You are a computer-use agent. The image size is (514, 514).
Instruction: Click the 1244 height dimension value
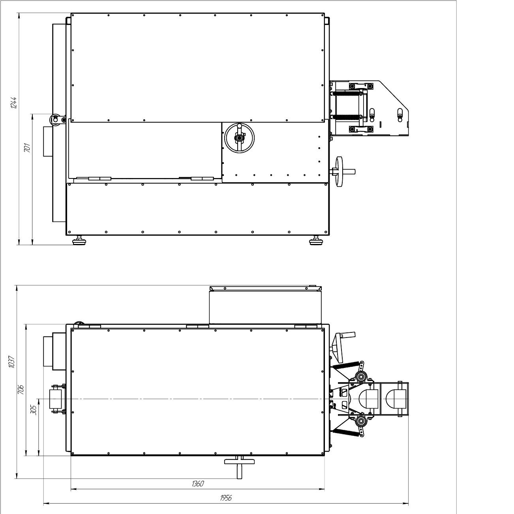pyautogui.click(x=13, y=103)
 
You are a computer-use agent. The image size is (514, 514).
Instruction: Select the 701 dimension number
pyautogui.click(x=27, y=148)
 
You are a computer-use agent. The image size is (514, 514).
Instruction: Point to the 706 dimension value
pyautogui.click(x=21, y=390)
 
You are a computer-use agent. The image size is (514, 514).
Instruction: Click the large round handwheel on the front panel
pyautogui.click(x=239, y=138)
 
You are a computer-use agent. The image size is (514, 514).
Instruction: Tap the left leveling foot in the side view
pyautogui.click(x=79, y=240)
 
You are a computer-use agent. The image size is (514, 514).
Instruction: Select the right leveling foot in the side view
pyautogui.click(x=317, y=240)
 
